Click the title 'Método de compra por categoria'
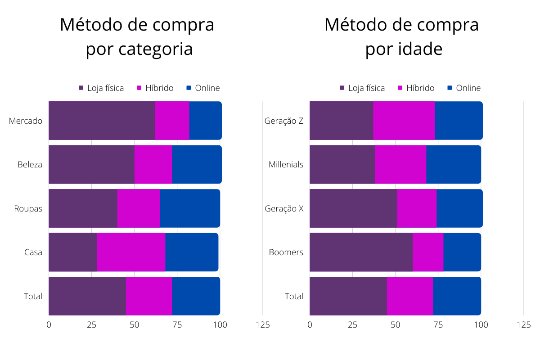(137, 37)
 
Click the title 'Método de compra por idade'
(401, 37)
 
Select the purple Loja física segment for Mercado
(102, 121)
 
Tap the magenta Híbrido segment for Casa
(131, 252)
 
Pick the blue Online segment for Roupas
(190, 208)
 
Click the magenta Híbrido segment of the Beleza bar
(153, 164)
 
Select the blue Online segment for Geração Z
(459, 121)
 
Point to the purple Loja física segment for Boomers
(361, 252)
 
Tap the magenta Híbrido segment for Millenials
(400, 164)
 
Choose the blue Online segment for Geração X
(459, 208)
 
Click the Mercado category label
(26, 121)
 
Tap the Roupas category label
(28, 209)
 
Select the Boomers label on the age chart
(286, 252)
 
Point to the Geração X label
(284, 209)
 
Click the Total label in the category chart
(33, 297)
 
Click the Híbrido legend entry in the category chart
(155, 88)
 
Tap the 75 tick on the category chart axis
(177, 324)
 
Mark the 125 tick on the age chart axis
(524, 324)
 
